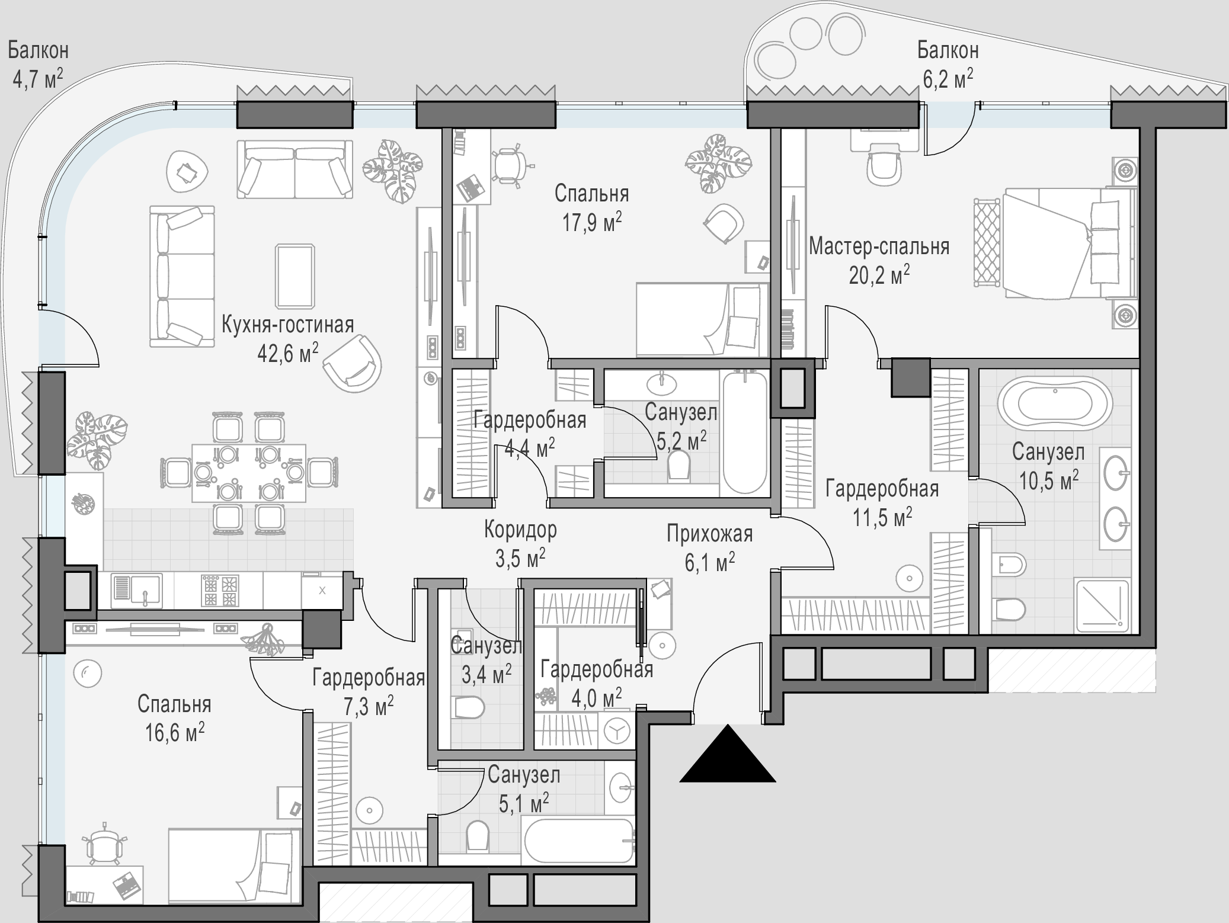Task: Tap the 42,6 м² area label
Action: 288,354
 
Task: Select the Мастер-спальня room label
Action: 879,246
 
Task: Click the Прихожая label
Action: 710,534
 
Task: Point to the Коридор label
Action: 520,529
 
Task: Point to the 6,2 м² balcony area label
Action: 948,79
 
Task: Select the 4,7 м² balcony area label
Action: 38,79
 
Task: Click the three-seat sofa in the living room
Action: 182,276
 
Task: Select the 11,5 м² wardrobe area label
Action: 882,517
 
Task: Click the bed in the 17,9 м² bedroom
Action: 702,320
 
